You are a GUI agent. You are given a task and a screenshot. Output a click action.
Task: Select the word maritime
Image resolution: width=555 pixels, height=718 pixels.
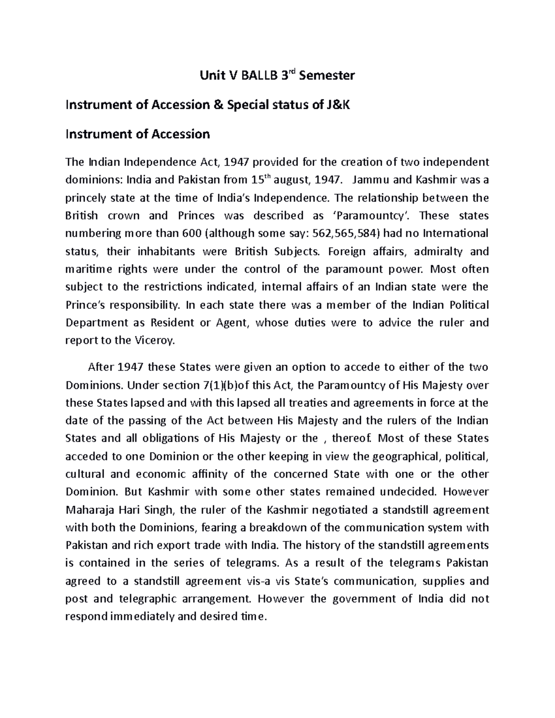(86, 270)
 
